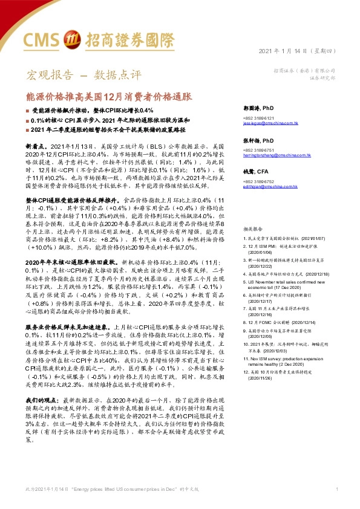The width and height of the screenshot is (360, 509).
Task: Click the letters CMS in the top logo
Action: point(43,40)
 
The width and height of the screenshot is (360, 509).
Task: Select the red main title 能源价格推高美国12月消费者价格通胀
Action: point(109,96)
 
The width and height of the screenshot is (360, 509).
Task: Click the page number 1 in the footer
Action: point(336,488)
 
